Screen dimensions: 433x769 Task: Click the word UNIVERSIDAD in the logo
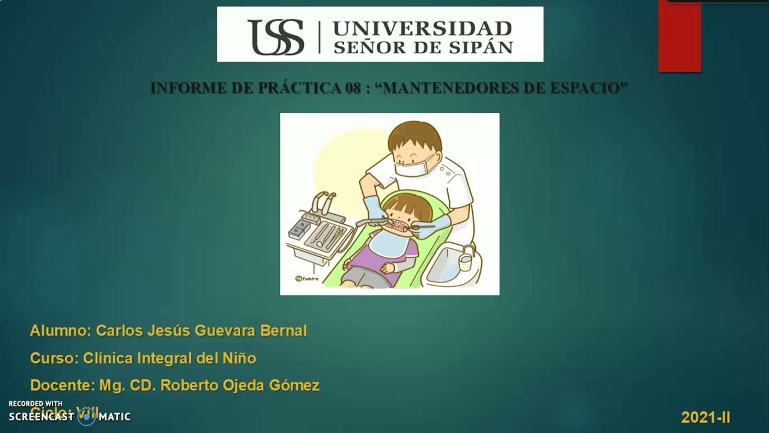[x=422, y=28]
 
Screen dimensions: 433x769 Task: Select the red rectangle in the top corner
[x=679, y=36]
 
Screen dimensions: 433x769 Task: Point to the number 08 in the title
[x=353, y=88]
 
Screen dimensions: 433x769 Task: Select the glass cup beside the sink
[x=465, y=262]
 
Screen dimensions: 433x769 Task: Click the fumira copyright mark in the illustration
[x=306, y=278]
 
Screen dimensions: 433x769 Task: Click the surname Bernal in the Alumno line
[x=284, y=331]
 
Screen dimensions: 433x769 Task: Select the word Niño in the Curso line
[x=240, y=358]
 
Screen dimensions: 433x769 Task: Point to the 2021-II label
[x=705, y=417]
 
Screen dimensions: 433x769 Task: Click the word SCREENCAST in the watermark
[x=41, y=416]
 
